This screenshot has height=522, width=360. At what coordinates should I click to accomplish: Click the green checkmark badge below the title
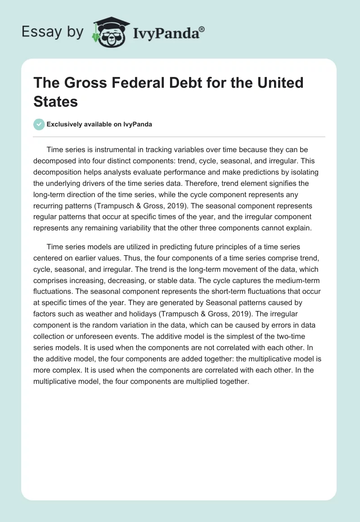(39, 125)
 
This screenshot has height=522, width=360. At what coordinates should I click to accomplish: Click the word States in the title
(56, 101)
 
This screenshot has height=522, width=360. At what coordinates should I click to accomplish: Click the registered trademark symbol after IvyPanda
(202, 28)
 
